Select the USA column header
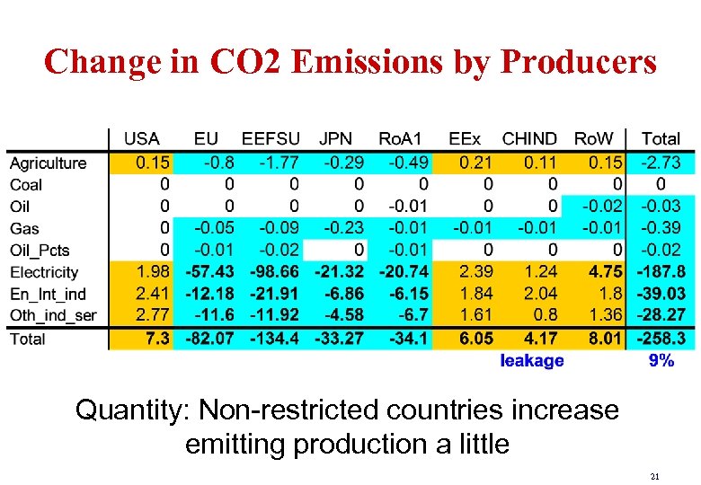tap(141, 139)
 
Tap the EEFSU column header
tap(271, 139)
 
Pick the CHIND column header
tap(528, 139)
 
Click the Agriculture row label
tap(48, 163)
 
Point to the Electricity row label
tap(44, 272)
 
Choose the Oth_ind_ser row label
tap(52, 315)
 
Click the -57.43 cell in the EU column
tap(209, 271)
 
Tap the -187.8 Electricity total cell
tap(661, 271)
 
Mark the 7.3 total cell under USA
tap(157, 339)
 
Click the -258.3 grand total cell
tap(661, 339)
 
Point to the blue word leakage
tap(532, 360)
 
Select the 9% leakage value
tap(661, 360)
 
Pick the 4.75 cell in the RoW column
tap(605, 271)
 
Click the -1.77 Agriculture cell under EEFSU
tap(280, 163)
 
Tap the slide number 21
tap(655, 476)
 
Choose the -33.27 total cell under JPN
tap(340, 339)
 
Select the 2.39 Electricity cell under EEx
tap(476, 271)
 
